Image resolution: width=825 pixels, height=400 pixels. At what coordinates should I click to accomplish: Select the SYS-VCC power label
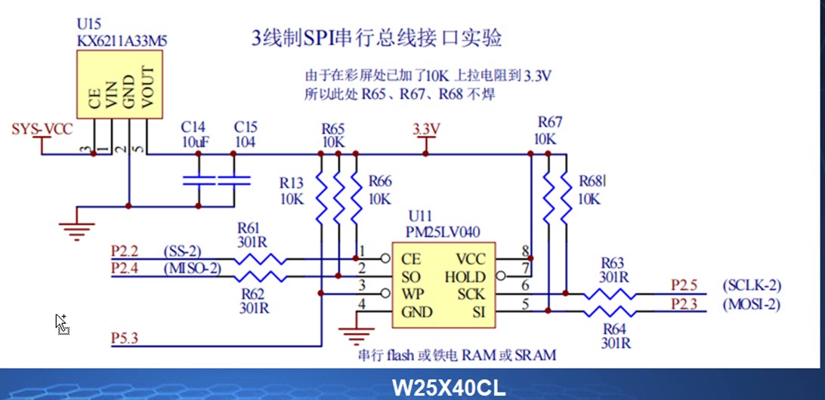pyautogui.click(x=42, y=129)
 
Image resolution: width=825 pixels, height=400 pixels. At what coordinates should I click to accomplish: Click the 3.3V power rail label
pyautogui.click(x=426, y=129)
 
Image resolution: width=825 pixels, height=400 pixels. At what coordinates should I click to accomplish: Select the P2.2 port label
pyautogui.click(x=125, y=250)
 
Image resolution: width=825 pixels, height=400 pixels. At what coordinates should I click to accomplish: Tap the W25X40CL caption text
pyautogui.click(x=449, y=388)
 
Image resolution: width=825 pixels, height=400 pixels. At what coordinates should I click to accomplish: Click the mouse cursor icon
pyautogui.click(x=61, y=323)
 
